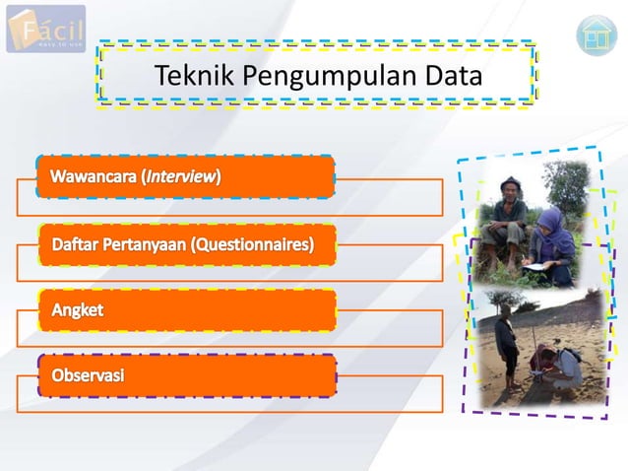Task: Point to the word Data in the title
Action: (453, 76)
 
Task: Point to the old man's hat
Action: (509, 183)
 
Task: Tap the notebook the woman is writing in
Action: (535, 266)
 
